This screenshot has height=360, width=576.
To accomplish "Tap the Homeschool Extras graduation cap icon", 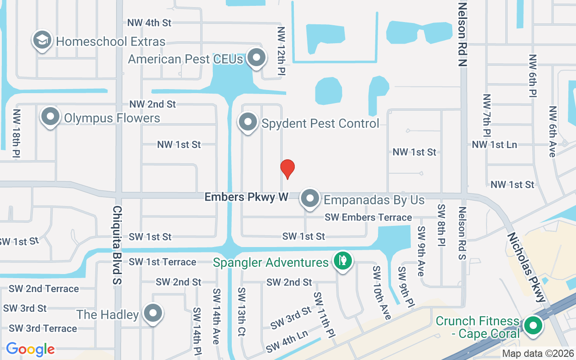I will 42,40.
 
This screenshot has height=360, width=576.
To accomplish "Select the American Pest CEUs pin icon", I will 257,58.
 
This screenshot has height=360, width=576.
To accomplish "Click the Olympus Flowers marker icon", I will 50,117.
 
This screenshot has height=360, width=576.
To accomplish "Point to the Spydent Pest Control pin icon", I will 247,122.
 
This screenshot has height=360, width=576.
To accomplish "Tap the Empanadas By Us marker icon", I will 310,198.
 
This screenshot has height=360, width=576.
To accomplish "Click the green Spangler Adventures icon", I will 343,261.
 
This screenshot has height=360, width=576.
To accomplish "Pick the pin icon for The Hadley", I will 153,313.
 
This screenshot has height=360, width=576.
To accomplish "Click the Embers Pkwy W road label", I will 246,197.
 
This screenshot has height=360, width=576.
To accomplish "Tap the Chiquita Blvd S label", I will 117,245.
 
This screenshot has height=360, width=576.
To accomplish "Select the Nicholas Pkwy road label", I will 526,267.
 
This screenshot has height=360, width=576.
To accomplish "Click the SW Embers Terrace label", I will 369,217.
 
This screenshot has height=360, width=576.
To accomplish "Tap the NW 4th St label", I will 149,22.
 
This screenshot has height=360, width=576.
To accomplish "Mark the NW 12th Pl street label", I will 282,50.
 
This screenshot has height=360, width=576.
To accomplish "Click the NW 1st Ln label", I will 494,144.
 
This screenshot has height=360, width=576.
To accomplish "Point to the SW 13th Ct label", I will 241,312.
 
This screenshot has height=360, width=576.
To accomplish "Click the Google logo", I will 30,349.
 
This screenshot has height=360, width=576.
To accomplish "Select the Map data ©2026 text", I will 538,354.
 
